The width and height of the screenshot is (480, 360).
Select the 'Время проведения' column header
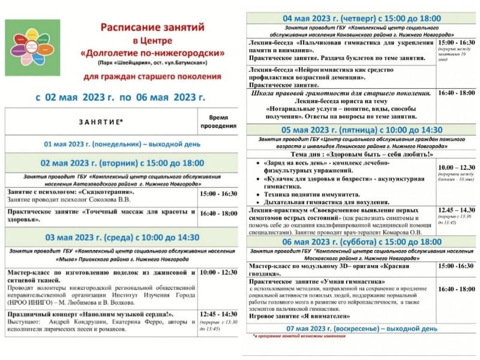point(218,122)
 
